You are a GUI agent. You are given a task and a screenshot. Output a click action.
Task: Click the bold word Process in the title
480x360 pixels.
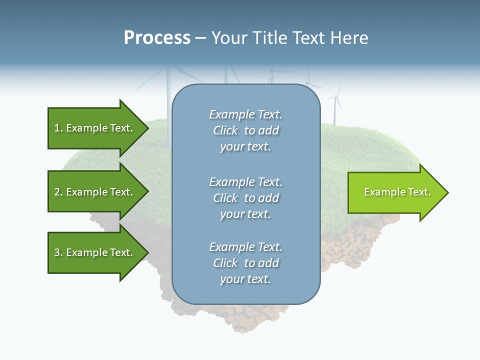coord(157,38)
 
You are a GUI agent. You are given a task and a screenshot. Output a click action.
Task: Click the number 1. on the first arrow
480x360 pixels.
coord(58,128)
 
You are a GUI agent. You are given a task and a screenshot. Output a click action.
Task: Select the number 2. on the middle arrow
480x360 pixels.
coord(58,192)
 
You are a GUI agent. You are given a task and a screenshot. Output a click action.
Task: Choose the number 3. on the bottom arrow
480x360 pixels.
coord(58,252)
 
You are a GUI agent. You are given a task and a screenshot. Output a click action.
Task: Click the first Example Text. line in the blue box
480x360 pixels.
coord(245,114)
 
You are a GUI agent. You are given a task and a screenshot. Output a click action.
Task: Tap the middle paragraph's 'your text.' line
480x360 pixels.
coord(245,214)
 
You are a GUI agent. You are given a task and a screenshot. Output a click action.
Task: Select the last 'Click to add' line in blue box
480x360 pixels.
coord(245,263)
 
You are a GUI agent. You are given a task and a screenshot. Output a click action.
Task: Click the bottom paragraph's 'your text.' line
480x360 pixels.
coord(245,279)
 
